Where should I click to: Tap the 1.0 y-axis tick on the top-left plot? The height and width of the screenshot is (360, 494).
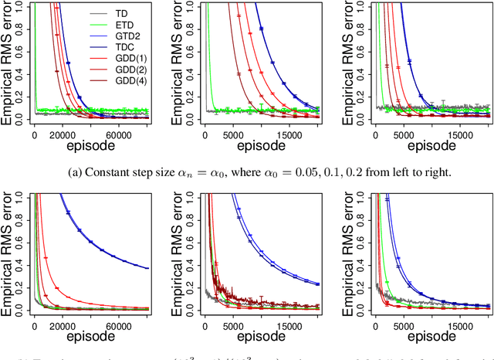25,6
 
